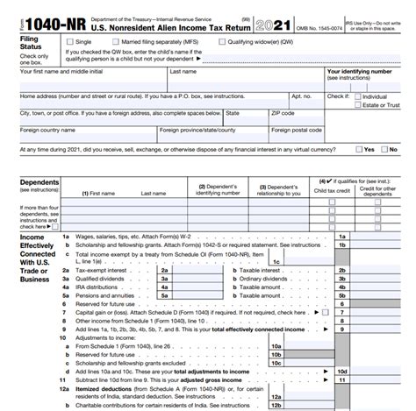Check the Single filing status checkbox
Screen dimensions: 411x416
(70, 41)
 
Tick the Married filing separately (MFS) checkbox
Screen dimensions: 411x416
(124, 41)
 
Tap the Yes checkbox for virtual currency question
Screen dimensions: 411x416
(358, 149)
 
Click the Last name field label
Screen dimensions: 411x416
(183, 72)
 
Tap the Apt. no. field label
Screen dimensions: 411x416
(301, 96)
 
